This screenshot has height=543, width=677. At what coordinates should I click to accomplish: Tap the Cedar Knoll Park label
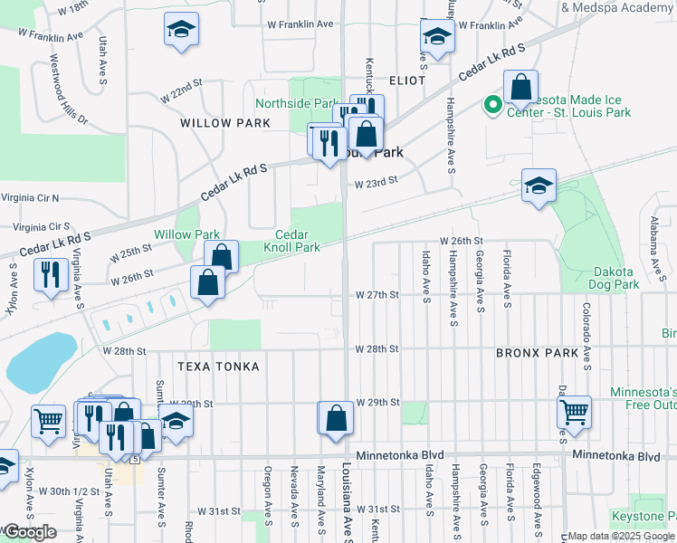click(291, 240)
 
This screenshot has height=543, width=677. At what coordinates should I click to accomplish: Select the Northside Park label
click(296, 104)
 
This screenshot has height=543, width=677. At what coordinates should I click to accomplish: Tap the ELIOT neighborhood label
click(406, 81)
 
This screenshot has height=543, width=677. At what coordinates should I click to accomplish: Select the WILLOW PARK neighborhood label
click(225, 122)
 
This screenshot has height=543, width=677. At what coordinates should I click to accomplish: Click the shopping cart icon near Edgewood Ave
click(574, 413)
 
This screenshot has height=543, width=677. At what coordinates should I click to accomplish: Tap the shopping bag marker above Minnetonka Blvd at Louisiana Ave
click(335, 419)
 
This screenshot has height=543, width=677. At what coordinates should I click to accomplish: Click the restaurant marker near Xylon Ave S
click(50, 274)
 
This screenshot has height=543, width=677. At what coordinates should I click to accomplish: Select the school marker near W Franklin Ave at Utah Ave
click(181, 30)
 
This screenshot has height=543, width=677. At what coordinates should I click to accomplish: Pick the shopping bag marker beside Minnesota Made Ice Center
click(520, 88)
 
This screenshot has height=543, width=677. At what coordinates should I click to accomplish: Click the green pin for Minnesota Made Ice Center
click(493, 106)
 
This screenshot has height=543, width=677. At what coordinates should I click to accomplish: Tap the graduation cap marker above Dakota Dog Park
click(539, 186)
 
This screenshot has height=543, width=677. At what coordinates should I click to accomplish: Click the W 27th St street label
click(377, 295)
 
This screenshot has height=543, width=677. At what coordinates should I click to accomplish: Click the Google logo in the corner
click(29, 532)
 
